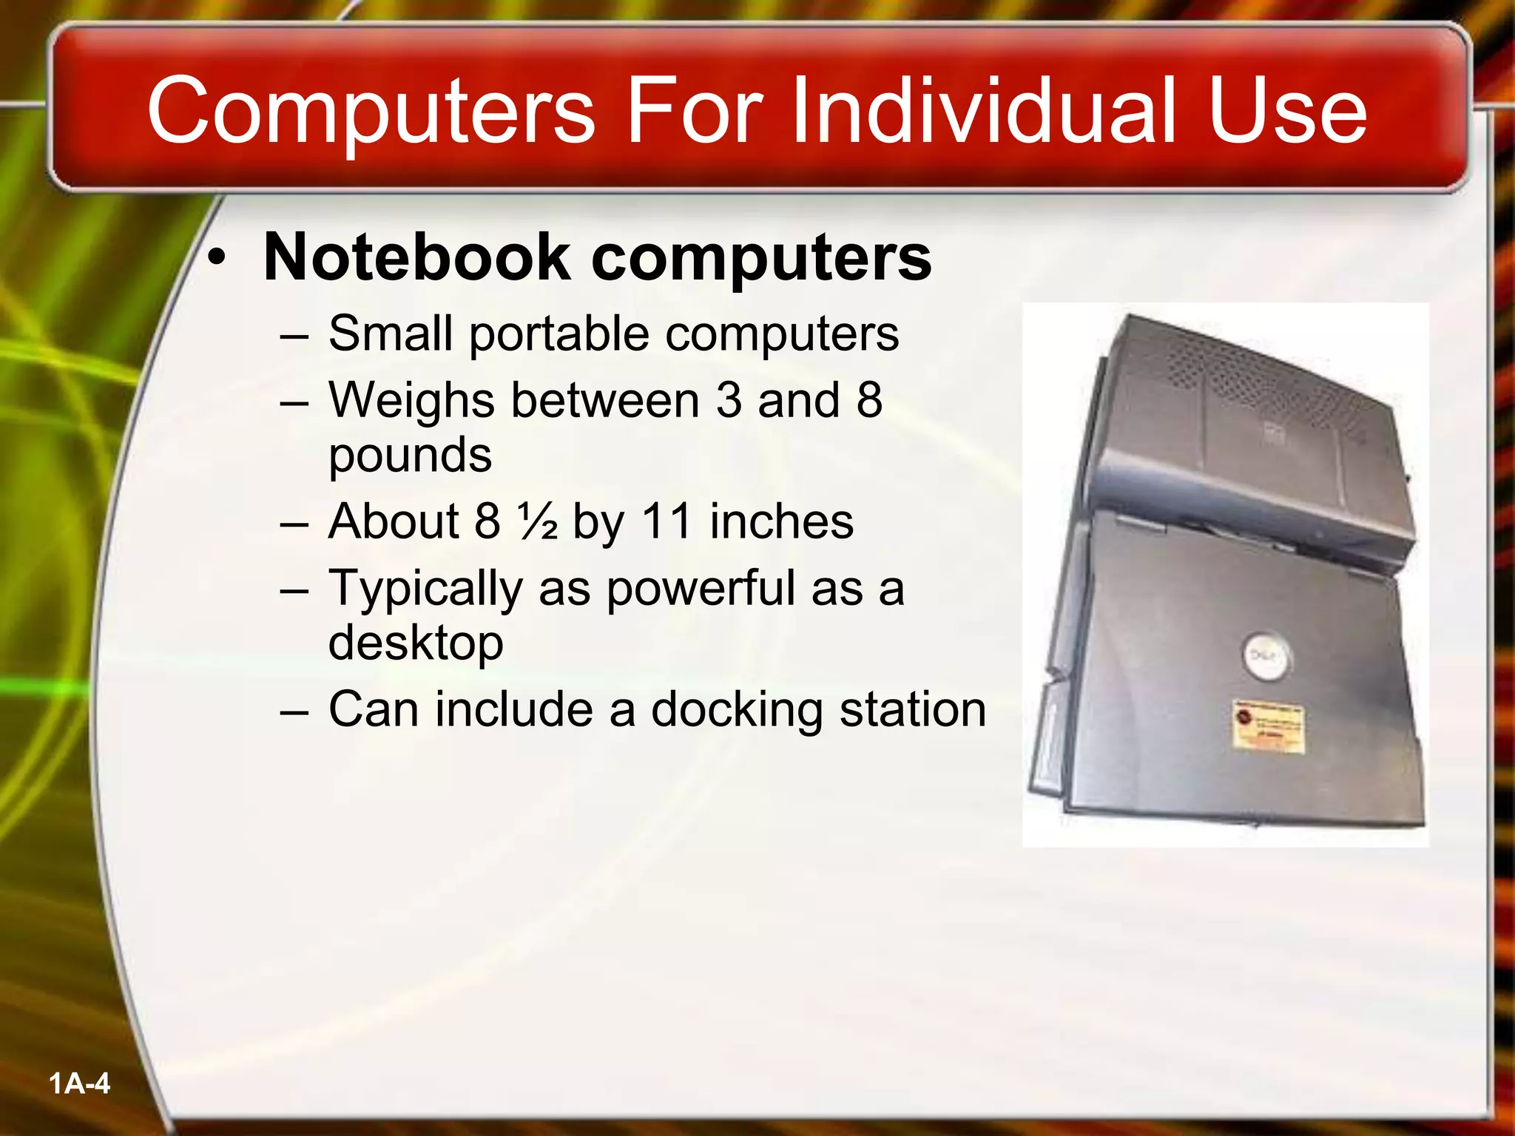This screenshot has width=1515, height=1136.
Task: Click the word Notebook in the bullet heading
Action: click(416, 257)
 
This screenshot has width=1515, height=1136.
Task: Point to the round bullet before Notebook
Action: click(216, 258)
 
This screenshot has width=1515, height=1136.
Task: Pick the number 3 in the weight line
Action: click(729, 400)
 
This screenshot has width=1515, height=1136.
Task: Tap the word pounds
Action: click(410, 456)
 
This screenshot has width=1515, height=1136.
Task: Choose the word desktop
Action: click(415, 642)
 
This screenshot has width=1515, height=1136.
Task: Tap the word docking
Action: click(736, 710)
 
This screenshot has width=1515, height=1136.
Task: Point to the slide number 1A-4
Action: click(79, 1084)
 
